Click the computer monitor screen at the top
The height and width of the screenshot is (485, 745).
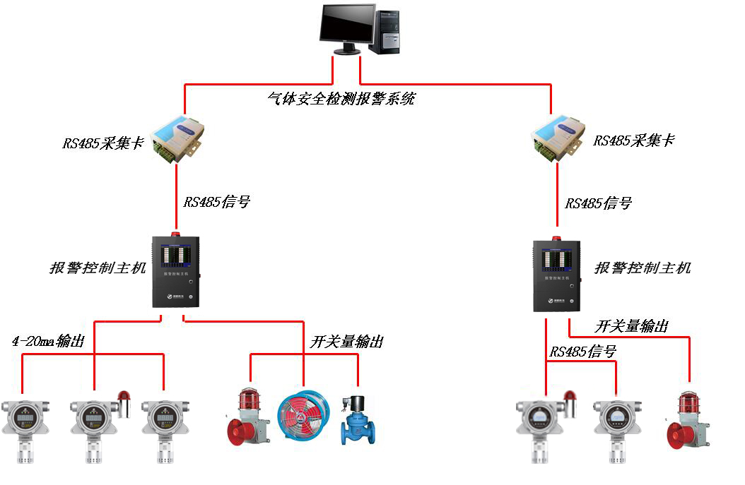346,25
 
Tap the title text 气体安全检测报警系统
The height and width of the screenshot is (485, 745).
341,99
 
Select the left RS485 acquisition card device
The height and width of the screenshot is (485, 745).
177,137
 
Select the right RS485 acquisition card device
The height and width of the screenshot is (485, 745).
557,137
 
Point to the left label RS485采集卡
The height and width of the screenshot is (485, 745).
103,143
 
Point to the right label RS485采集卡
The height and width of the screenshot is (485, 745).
634,140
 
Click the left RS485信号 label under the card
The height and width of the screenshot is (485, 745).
217,202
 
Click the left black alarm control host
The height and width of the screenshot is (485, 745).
175,271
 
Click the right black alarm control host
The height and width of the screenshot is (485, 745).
556,275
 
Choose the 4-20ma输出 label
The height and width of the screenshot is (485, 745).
48,342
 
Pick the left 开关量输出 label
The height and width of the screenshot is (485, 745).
346,342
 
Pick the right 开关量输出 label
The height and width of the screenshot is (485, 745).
631,326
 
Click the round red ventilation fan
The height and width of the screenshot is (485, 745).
303,417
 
